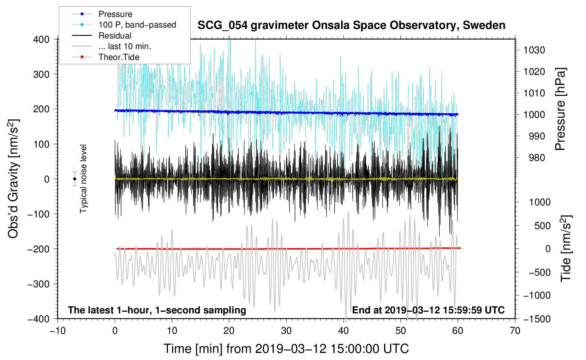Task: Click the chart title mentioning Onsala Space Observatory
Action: click(x=351, y=25)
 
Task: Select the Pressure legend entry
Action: click(x=102, y=14)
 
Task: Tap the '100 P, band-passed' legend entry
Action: click(x=124, y=25)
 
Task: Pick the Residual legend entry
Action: click(x=102, y=36)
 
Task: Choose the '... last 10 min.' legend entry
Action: click(x=112, y=46)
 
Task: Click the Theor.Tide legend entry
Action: click(x=106, y=57)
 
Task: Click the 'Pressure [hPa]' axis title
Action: click(x=560, y=109)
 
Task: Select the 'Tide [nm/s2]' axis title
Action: click(x=566, y=248)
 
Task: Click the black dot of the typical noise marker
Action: click(x=74, y=179)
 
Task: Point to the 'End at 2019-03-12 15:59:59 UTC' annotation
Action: click(x=428, y=310)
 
